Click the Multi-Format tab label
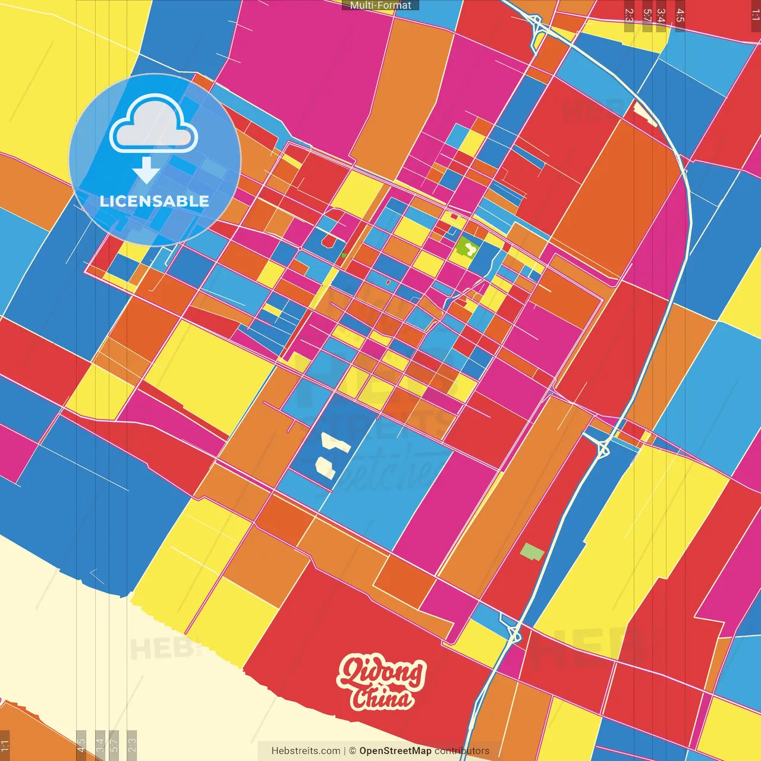380,5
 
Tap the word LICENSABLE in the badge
155,201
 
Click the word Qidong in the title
381,672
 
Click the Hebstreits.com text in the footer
306,751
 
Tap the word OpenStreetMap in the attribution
395,751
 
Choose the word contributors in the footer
462,751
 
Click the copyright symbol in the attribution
353,751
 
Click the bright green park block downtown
467,246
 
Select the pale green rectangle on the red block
532,552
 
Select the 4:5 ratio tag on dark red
680,17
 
